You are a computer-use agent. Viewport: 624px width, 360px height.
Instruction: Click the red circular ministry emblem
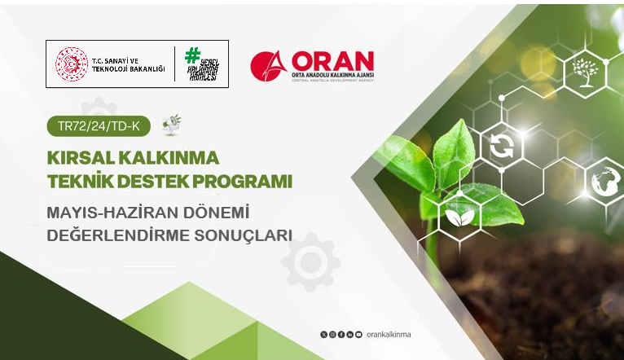point(71,64)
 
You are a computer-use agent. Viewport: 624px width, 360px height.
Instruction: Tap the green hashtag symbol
point(193,55)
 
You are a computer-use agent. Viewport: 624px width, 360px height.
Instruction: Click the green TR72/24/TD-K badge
point(99,127)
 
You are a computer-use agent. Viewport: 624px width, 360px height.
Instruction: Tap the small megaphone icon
point(171,124)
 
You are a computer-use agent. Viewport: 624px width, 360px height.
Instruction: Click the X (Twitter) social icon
point(324,335)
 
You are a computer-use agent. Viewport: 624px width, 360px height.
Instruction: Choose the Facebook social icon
point(341,335)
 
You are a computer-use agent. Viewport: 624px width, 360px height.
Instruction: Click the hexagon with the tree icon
point(585,72)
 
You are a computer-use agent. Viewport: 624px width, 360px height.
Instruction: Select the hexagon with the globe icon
point(606,180)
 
